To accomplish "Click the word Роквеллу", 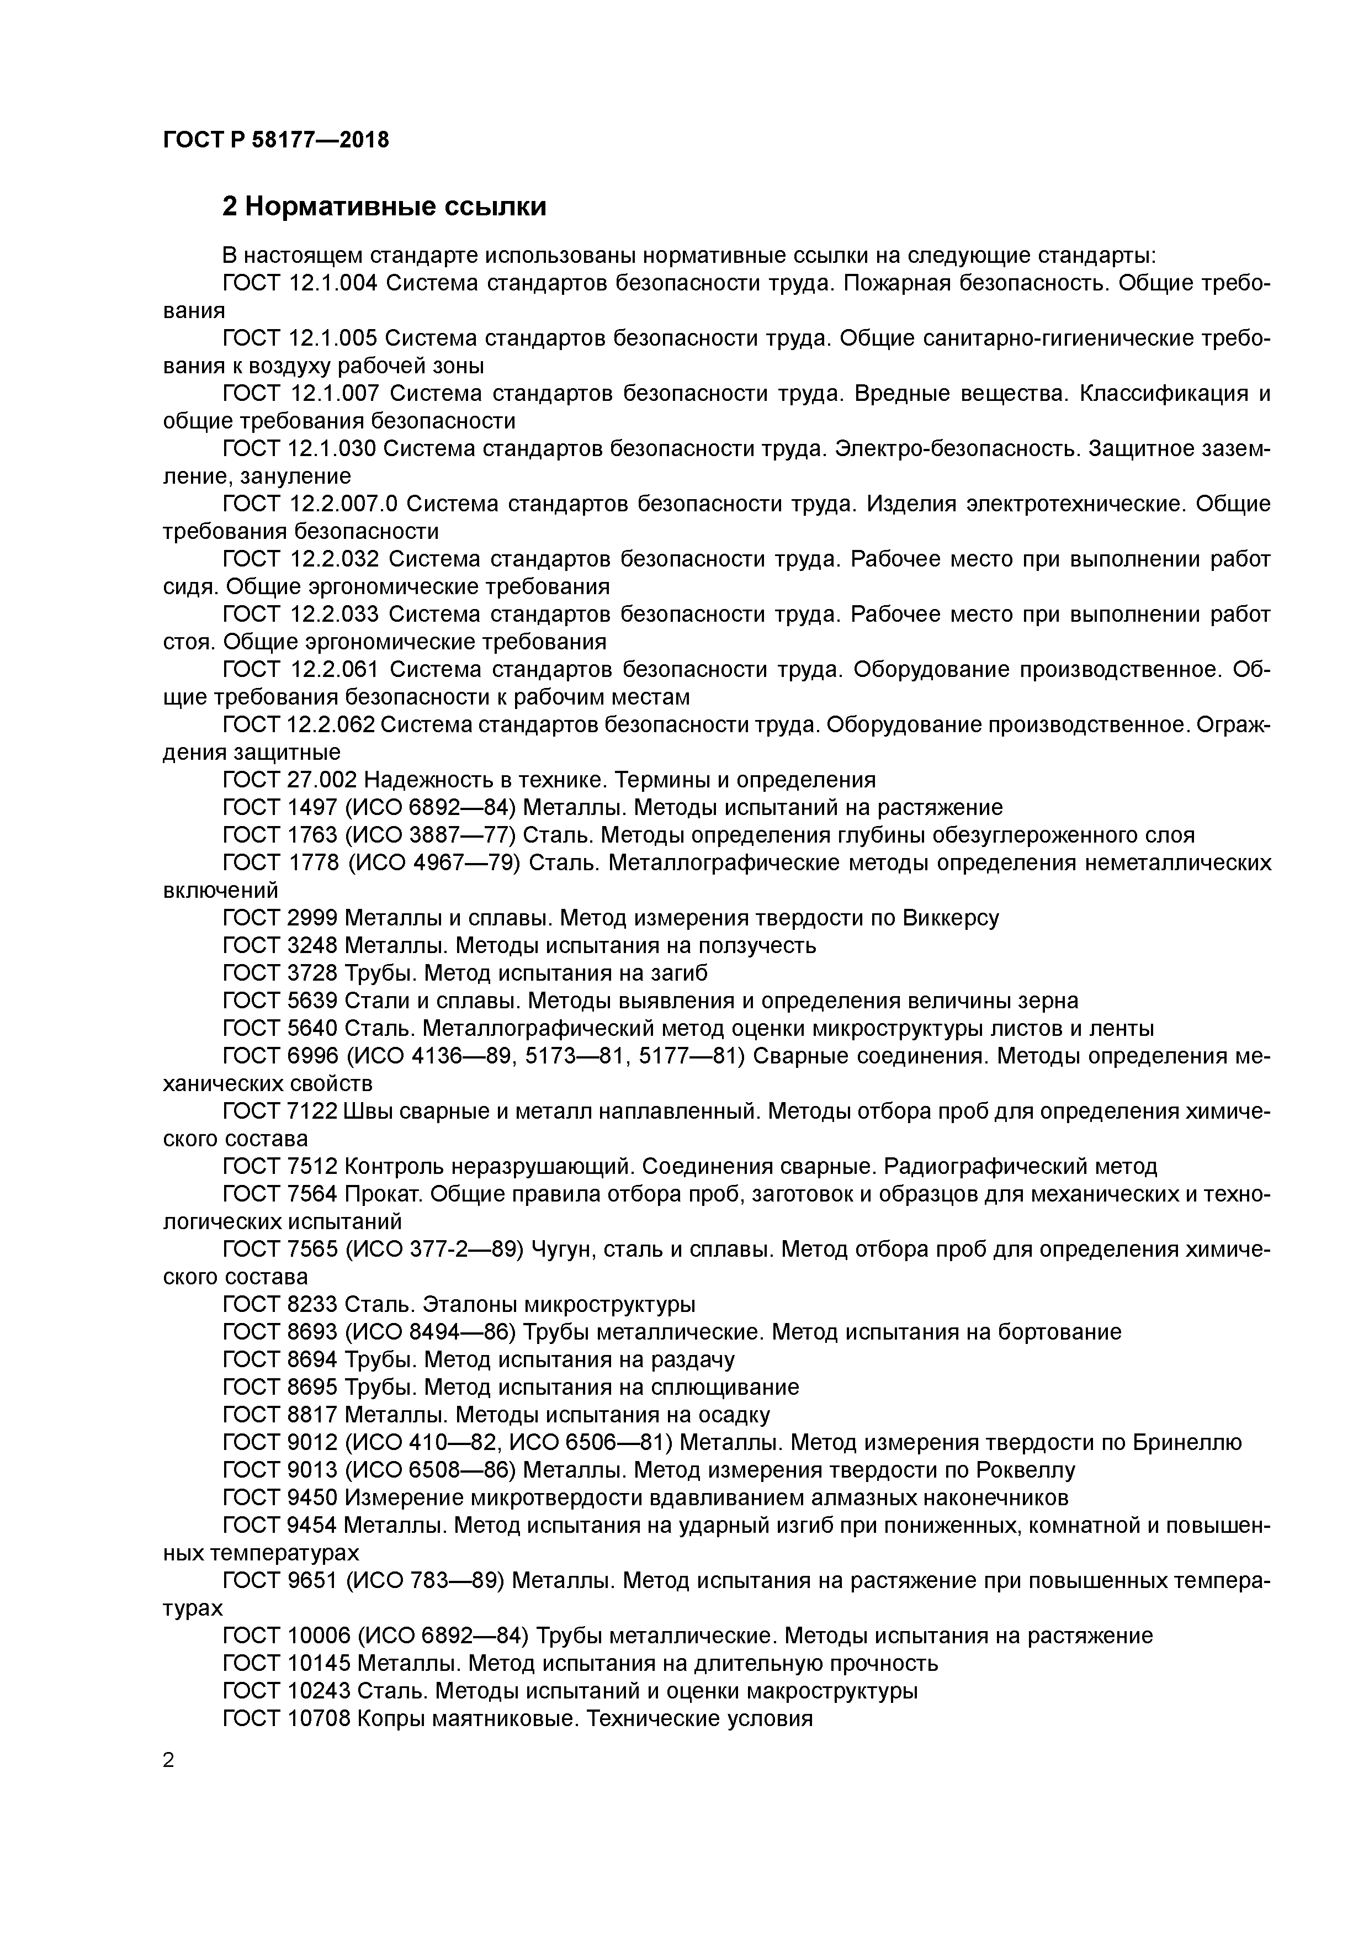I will (x=1025, y=1470).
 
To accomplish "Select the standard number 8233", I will (x=312, y=1304).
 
